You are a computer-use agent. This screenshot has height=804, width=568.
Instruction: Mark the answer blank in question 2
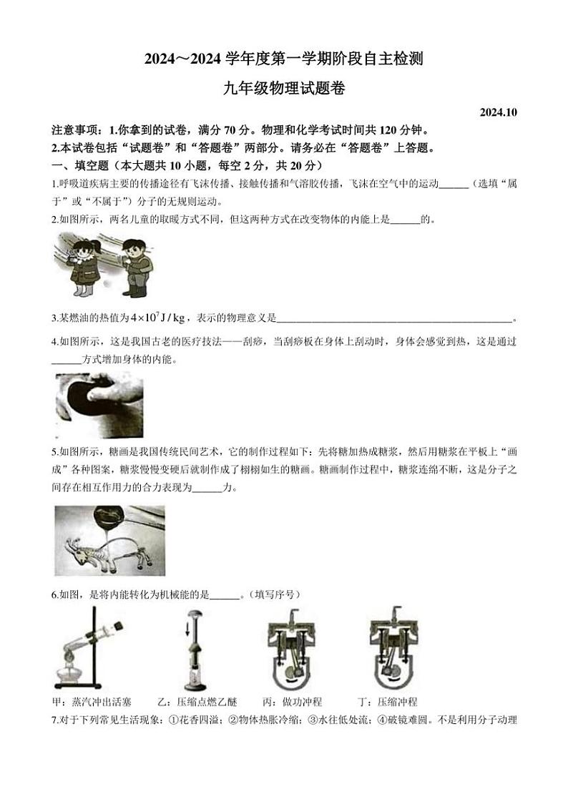click(x=405, y=220)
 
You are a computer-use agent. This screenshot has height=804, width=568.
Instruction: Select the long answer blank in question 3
click(x=394, y=318)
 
